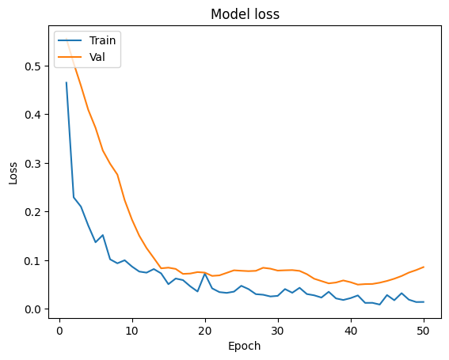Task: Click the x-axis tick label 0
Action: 59,329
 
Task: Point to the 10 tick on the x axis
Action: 131,329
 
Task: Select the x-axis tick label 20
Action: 205,329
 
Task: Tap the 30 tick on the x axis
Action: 278,329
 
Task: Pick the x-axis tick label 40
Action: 351,329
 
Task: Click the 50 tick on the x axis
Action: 424,329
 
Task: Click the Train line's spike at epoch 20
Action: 205,274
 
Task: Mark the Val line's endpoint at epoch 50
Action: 424,267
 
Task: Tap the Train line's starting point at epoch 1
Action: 66,82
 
